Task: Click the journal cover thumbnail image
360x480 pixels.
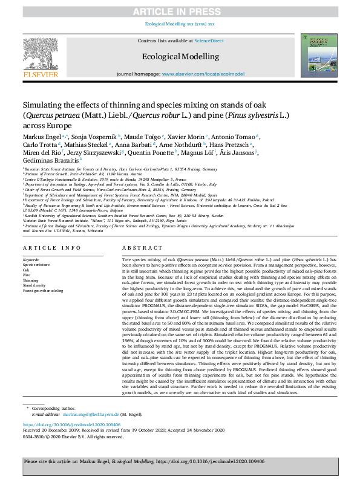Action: (x=319, y=57)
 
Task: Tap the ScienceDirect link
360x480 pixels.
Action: (x=209, y=41)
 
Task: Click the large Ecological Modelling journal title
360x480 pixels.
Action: (x=180, y=56)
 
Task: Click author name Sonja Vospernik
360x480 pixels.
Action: (x=94, y=137)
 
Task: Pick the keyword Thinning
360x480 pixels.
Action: (x=31, y=281)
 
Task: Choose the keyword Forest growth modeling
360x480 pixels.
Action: (x=42, y=291)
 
